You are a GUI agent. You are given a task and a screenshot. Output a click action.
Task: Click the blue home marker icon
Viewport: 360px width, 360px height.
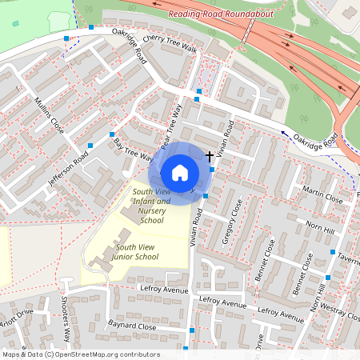[179, 171]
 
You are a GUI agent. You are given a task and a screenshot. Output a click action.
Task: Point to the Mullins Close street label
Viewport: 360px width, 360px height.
[50, 115]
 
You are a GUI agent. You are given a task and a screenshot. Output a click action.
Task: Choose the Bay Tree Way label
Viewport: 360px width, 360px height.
[133, 150]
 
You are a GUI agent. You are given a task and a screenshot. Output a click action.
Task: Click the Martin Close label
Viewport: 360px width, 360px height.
[323, 193]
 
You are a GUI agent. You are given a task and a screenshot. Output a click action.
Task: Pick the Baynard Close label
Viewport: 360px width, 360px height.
[132, 326]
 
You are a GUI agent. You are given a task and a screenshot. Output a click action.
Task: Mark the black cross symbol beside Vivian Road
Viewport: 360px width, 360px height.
[210, 154]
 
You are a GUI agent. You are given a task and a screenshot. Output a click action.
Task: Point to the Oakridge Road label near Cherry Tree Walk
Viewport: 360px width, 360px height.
[130, 45]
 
